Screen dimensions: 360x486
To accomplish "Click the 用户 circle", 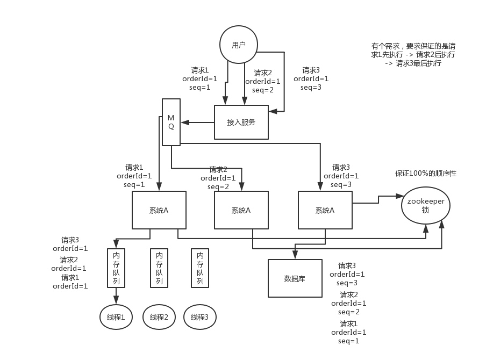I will pos(239,45).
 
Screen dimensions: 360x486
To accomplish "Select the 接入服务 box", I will pos(241,123).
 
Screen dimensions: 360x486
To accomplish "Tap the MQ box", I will pos(171,122).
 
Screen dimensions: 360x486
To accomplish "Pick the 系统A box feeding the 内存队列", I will pos(159,210).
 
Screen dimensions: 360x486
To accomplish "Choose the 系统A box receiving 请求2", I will pos(241,210).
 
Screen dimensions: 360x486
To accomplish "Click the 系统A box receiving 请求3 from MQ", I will pos(325,210).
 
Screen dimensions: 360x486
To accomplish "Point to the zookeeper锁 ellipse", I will pos(425,205).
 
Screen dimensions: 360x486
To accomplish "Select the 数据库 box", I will pos(295,278).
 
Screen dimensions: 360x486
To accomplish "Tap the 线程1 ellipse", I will pos(116,317).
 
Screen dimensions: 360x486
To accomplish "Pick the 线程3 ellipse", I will pos(200,317).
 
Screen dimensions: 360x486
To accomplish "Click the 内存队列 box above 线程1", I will pos(116,268).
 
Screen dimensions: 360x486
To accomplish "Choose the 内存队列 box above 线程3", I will pos(200,268).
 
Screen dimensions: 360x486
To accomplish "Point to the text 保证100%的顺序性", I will pos(425,174).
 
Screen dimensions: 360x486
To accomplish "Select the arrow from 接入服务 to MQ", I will pos(197,123).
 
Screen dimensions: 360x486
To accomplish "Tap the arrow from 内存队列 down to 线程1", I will pos(116,296).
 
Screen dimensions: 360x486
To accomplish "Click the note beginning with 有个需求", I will pos(413,54).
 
